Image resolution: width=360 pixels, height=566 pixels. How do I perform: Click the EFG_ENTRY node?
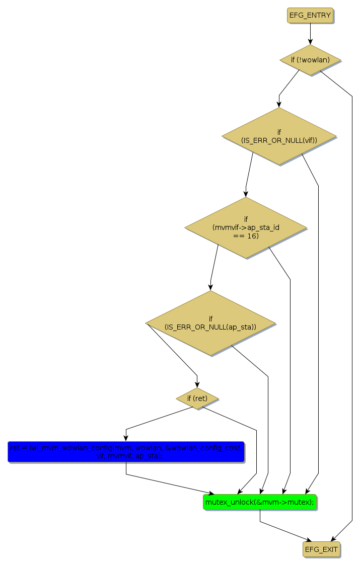point(310,15)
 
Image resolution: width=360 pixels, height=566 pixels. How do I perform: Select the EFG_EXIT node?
point(321,549)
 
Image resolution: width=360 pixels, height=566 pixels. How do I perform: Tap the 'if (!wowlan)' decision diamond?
point(310,60)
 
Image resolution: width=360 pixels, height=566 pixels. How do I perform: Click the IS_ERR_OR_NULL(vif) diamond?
point(279,136)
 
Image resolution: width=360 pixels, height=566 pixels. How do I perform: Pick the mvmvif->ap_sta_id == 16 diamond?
point(246,227)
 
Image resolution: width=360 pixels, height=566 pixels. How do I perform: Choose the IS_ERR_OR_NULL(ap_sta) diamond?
point(210,323)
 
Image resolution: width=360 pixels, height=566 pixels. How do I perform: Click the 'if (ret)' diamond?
point(197,398)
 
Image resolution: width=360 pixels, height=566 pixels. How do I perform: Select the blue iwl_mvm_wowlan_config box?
point(126,452)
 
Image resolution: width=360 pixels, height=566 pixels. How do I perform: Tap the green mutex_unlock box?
point(260,502)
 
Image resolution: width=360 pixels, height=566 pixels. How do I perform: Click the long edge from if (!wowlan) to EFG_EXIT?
point(352,302)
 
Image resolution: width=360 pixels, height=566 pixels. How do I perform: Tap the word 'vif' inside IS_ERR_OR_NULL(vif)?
point(307,140)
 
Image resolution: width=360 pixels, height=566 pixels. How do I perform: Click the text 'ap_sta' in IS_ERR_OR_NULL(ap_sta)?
point(240,327)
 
